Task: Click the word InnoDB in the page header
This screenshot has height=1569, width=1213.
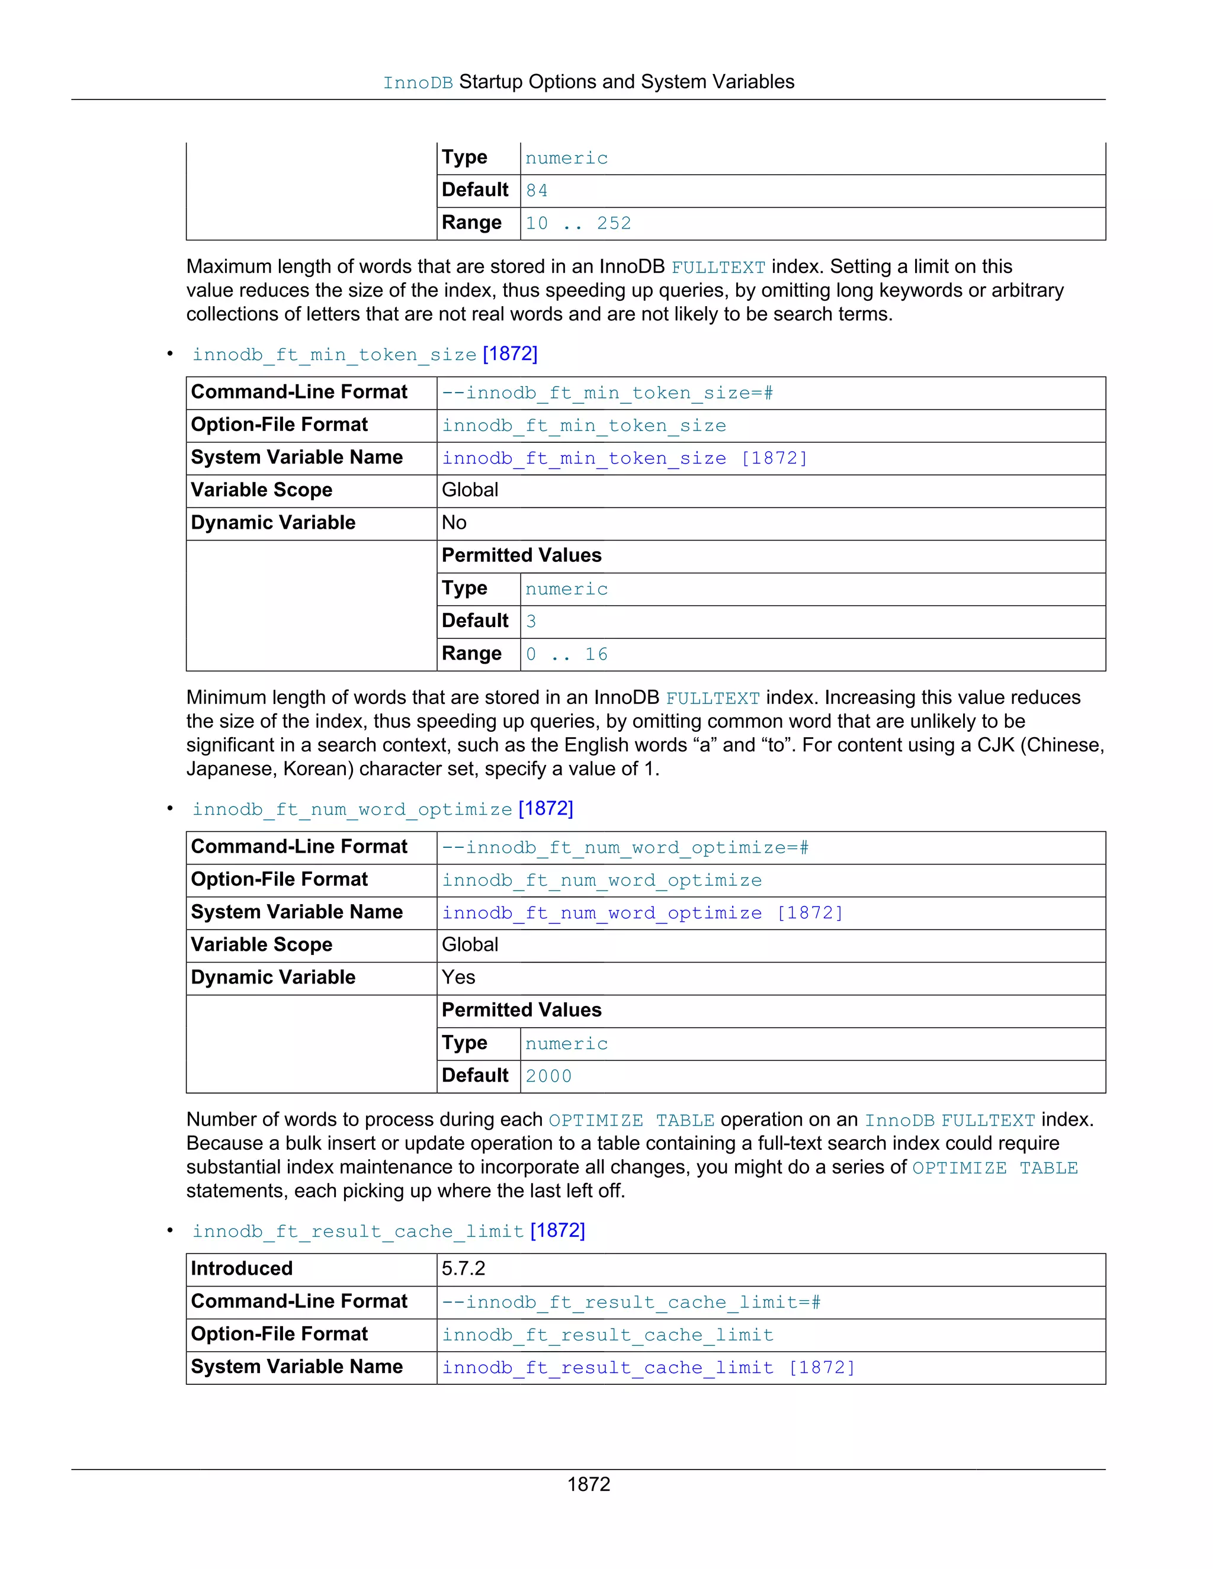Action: coord(418,83)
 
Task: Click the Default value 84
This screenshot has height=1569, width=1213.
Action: coord(537,191)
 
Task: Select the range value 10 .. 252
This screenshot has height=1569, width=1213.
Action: coord(577,223)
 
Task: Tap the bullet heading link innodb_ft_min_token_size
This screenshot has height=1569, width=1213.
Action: coord(334,355)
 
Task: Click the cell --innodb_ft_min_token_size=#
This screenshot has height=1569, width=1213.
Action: coord(607,393)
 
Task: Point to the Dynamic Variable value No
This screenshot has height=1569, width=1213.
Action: coord(454,523)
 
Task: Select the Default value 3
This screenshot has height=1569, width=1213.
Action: coord(531,622)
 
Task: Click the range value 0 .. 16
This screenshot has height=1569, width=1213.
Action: coord(566,654)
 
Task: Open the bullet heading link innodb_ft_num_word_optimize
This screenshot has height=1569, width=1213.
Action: coord(352,809)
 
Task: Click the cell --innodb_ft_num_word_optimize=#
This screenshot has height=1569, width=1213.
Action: coord(625,848)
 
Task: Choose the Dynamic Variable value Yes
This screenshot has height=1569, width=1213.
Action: coord(458,978)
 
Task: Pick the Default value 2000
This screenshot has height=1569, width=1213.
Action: coord(548,1076)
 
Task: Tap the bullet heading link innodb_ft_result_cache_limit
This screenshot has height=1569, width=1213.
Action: coord(358,1232)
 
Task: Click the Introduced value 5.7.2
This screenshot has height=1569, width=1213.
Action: coord(464,1269)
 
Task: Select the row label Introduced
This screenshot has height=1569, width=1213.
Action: coord(242,1269)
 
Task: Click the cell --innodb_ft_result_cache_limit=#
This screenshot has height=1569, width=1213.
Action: coord(631,1303)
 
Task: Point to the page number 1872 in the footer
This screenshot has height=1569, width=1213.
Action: coord(589,1484)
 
